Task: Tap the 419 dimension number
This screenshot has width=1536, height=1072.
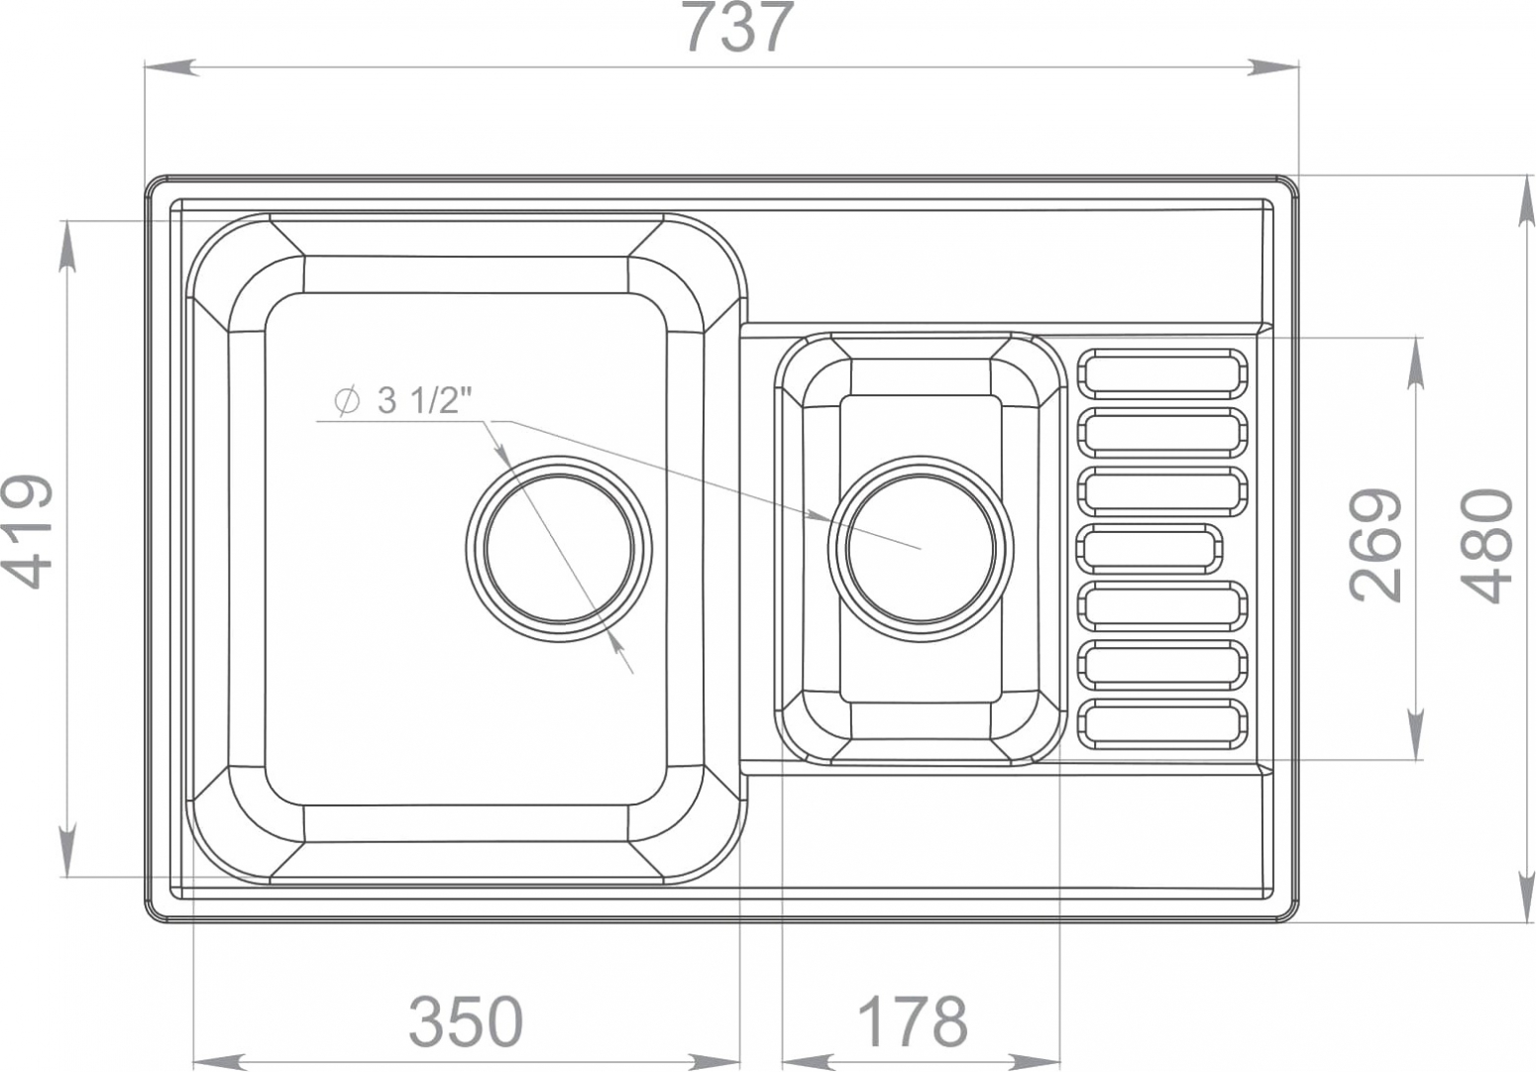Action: (28, 531)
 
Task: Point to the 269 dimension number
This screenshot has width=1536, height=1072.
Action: (1374, 546)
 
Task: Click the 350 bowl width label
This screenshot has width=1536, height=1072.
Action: (467, 1021)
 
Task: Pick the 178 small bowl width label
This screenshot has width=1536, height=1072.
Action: (912, 1021)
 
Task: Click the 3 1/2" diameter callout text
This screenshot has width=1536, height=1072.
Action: (426, 400)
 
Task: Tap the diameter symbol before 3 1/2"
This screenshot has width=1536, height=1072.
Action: (347, 401)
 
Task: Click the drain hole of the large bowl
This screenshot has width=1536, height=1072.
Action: (559, 548)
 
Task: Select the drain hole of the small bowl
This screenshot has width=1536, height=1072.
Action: (921, 548)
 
